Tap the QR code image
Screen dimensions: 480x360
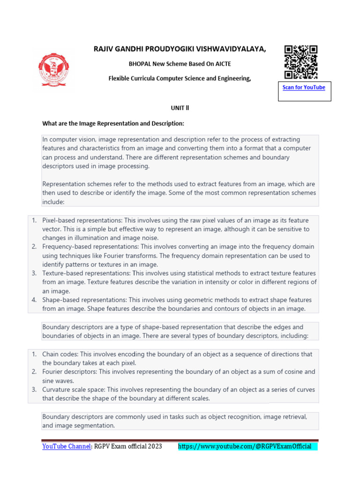[300, 62]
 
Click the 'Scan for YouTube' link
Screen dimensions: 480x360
[304, 88]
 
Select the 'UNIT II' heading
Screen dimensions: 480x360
[180, 108]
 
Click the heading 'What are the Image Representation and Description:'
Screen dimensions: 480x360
[113, 124]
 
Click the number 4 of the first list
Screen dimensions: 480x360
[34, 300]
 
